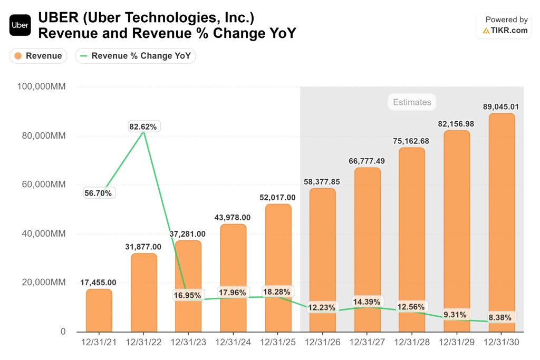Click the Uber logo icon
coord(20,25)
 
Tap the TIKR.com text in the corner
coord(508,31)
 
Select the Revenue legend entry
coord(38,56)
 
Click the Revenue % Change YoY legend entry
coord(136,56)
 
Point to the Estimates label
coord(412,102)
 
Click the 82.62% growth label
coord(143,127)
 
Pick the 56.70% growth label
coord(99,193)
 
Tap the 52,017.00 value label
coord(278,198)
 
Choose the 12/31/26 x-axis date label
coord(322,342)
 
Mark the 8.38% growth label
coord(499,318)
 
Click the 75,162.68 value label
coord(411,141)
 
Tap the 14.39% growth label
coord(367,302)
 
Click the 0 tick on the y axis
coord(63,332)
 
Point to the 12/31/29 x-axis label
coord(457,342)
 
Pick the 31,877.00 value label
coord(143,247)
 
